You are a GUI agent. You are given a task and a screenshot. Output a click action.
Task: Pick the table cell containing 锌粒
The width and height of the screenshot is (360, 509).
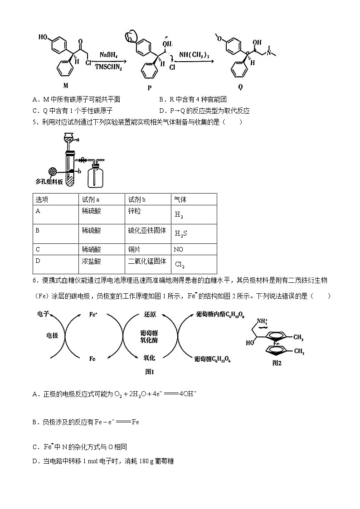pos(135,211)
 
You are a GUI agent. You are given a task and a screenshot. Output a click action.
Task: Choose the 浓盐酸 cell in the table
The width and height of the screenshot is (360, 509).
pos(91,261)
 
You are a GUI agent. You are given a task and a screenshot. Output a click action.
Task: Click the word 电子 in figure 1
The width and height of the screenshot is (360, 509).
pos(44,314)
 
